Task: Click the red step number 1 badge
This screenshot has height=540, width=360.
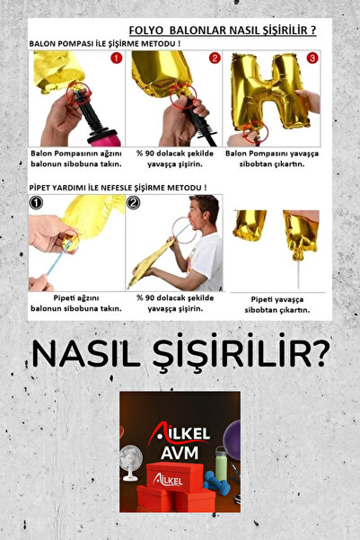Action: [115, 59]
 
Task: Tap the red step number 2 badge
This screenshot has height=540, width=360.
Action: [214, 59]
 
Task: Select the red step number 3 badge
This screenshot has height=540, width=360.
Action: [312, 59]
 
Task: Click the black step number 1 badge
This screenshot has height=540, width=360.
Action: [35, 203]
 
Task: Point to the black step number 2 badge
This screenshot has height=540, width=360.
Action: [135, 203]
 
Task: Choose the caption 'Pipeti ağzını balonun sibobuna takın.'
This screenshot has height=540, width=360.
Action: [75, 302]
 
